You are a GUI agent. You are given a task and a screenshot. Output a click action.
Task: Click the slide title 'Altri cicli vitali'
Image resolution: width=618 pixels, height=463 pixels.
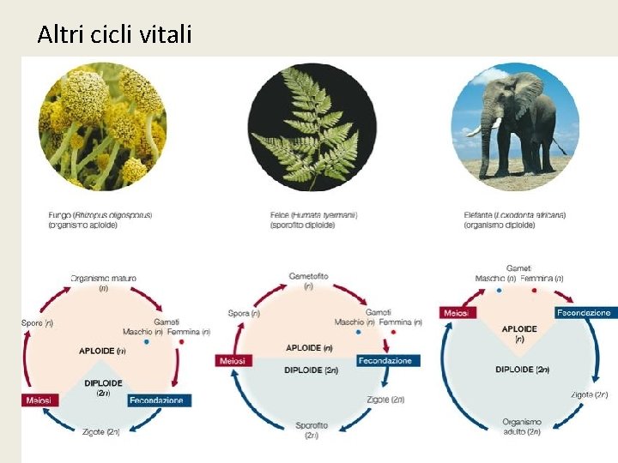[115, 35]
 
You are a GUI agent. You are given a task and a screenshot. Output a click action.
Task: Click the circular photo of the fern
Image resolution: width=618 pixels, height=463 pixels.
[312, 126]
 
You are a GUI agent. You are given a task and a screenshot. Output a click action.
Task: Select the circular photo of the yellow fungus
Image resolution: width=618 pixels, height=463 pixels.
[103, 126]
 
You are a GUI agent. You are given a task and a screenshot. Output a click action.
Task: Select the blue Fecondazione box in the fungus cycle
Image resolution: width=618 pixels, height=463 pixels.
[160, 400]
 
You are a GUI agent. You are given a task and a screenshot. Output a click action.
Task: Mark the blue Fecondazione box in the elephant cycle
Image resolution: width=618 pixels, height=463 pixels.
[584, 313]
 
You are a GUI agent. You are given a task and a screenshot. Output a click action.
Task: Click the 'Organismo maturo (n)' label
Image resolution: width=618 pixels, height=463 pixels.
[103, 283]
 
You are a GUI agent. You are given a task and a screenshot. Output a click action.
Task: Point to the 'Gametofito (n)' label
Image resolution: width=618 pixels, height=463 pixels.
[308, 281]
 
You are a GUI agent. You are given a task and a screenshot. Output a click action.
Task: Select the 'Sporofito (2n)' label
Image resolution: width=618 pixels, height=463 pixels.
[311, 430]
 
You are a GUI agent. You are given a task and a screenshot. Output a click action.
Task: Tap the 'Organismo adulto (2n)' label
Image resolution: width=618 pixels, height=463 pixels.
[521, 426]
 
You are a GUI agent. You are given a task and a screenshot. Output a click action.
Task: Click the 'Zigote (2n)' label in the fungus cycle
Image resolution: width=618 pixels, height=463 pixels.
[101, 431]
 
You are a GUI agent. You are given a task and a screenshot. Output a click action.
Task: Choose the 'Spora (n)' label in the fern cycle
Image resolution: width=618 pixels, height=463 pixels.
[245, 314]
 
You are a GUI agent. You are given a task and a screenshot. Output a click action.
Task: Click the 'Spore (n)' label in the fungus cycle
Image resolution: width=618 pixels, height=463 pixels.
[37, 323]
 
